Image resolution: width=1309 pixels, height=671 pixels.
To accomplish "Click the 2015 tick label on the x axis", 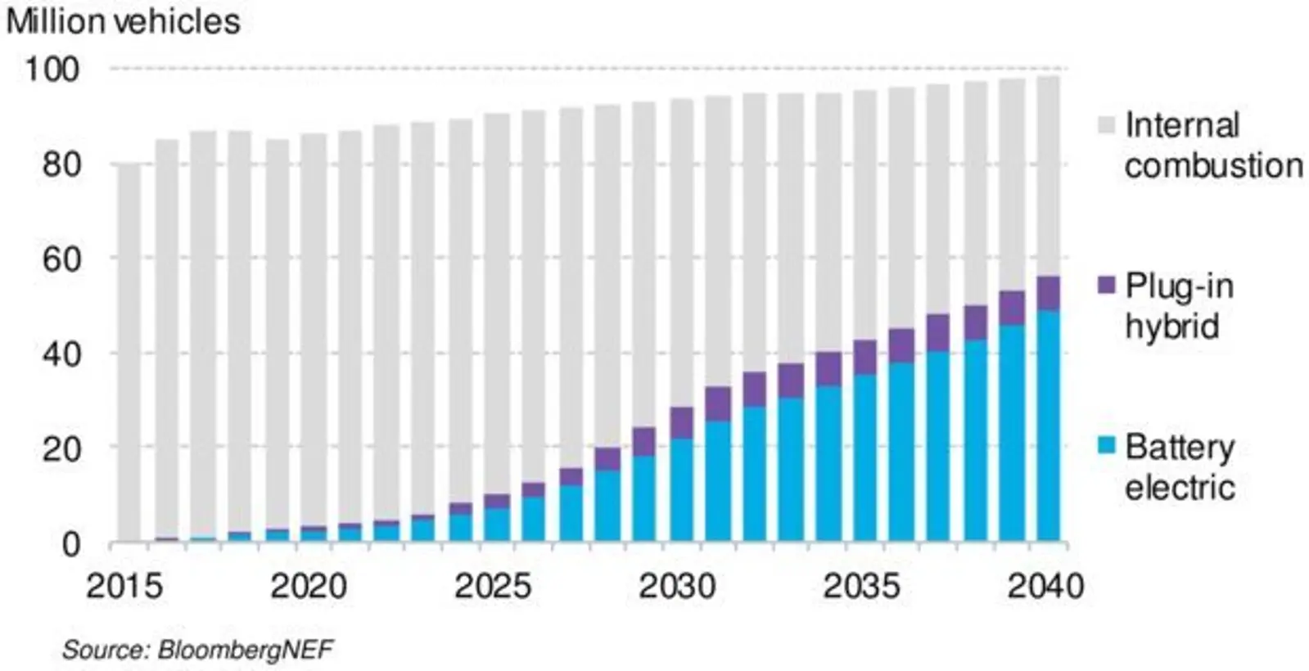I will (124, 586).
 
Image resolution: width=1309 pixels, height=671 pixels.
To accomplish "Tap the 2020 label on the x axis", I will (309, 586).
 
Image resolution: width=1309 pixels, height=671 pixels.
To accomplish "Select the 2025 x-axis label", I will (493, 586).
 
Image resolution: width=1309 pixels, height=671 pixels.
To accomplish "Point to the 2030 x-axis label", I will (677, 586).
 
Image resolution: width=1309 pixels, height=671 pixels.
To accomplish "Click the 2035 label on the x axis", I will (861, 586).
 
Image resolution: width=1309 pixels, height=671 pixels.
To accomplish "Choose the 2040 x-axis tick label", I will (1045, 586).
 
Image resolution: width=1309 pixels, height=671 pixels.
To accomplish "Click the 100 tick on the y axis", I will (52, 70).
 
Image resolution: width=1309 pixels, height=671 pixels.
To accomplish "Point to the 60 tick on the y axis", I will (61, 259).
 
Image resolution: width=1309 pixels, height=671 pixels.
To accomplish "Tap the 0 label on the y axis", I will (72, 544).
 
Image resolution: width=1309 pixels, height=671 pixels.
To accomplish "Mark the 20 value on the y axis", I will (61, 448).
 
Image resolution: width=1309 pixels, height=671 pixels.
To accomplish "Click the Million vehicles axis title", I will (123, 21).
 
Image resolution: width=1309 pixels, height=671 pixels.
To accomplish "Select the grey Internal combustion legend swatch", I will (1106, 126).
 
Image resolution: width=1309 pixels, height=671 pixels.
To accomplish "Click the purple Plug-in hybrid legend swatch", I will (1106, 286).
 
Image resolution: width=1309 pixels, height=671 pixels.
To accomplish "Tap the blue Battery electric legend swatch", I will (1106, 446).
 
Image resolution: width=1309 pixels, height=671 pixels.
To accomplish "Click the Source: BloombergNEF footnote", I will (197, 650).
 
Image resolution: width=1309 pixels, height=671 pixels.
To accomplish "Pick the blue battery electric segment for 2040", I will (1047, 426).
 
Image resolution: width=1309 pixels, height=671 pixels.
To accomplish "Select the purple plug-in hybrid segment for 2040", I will (1047, 293).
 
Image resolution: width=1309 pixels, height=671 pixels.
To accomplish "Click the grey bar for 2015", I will (129, 352).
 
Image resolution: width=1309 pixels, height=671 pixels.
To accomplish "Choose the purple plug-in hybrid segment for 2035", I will (864, 357).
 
